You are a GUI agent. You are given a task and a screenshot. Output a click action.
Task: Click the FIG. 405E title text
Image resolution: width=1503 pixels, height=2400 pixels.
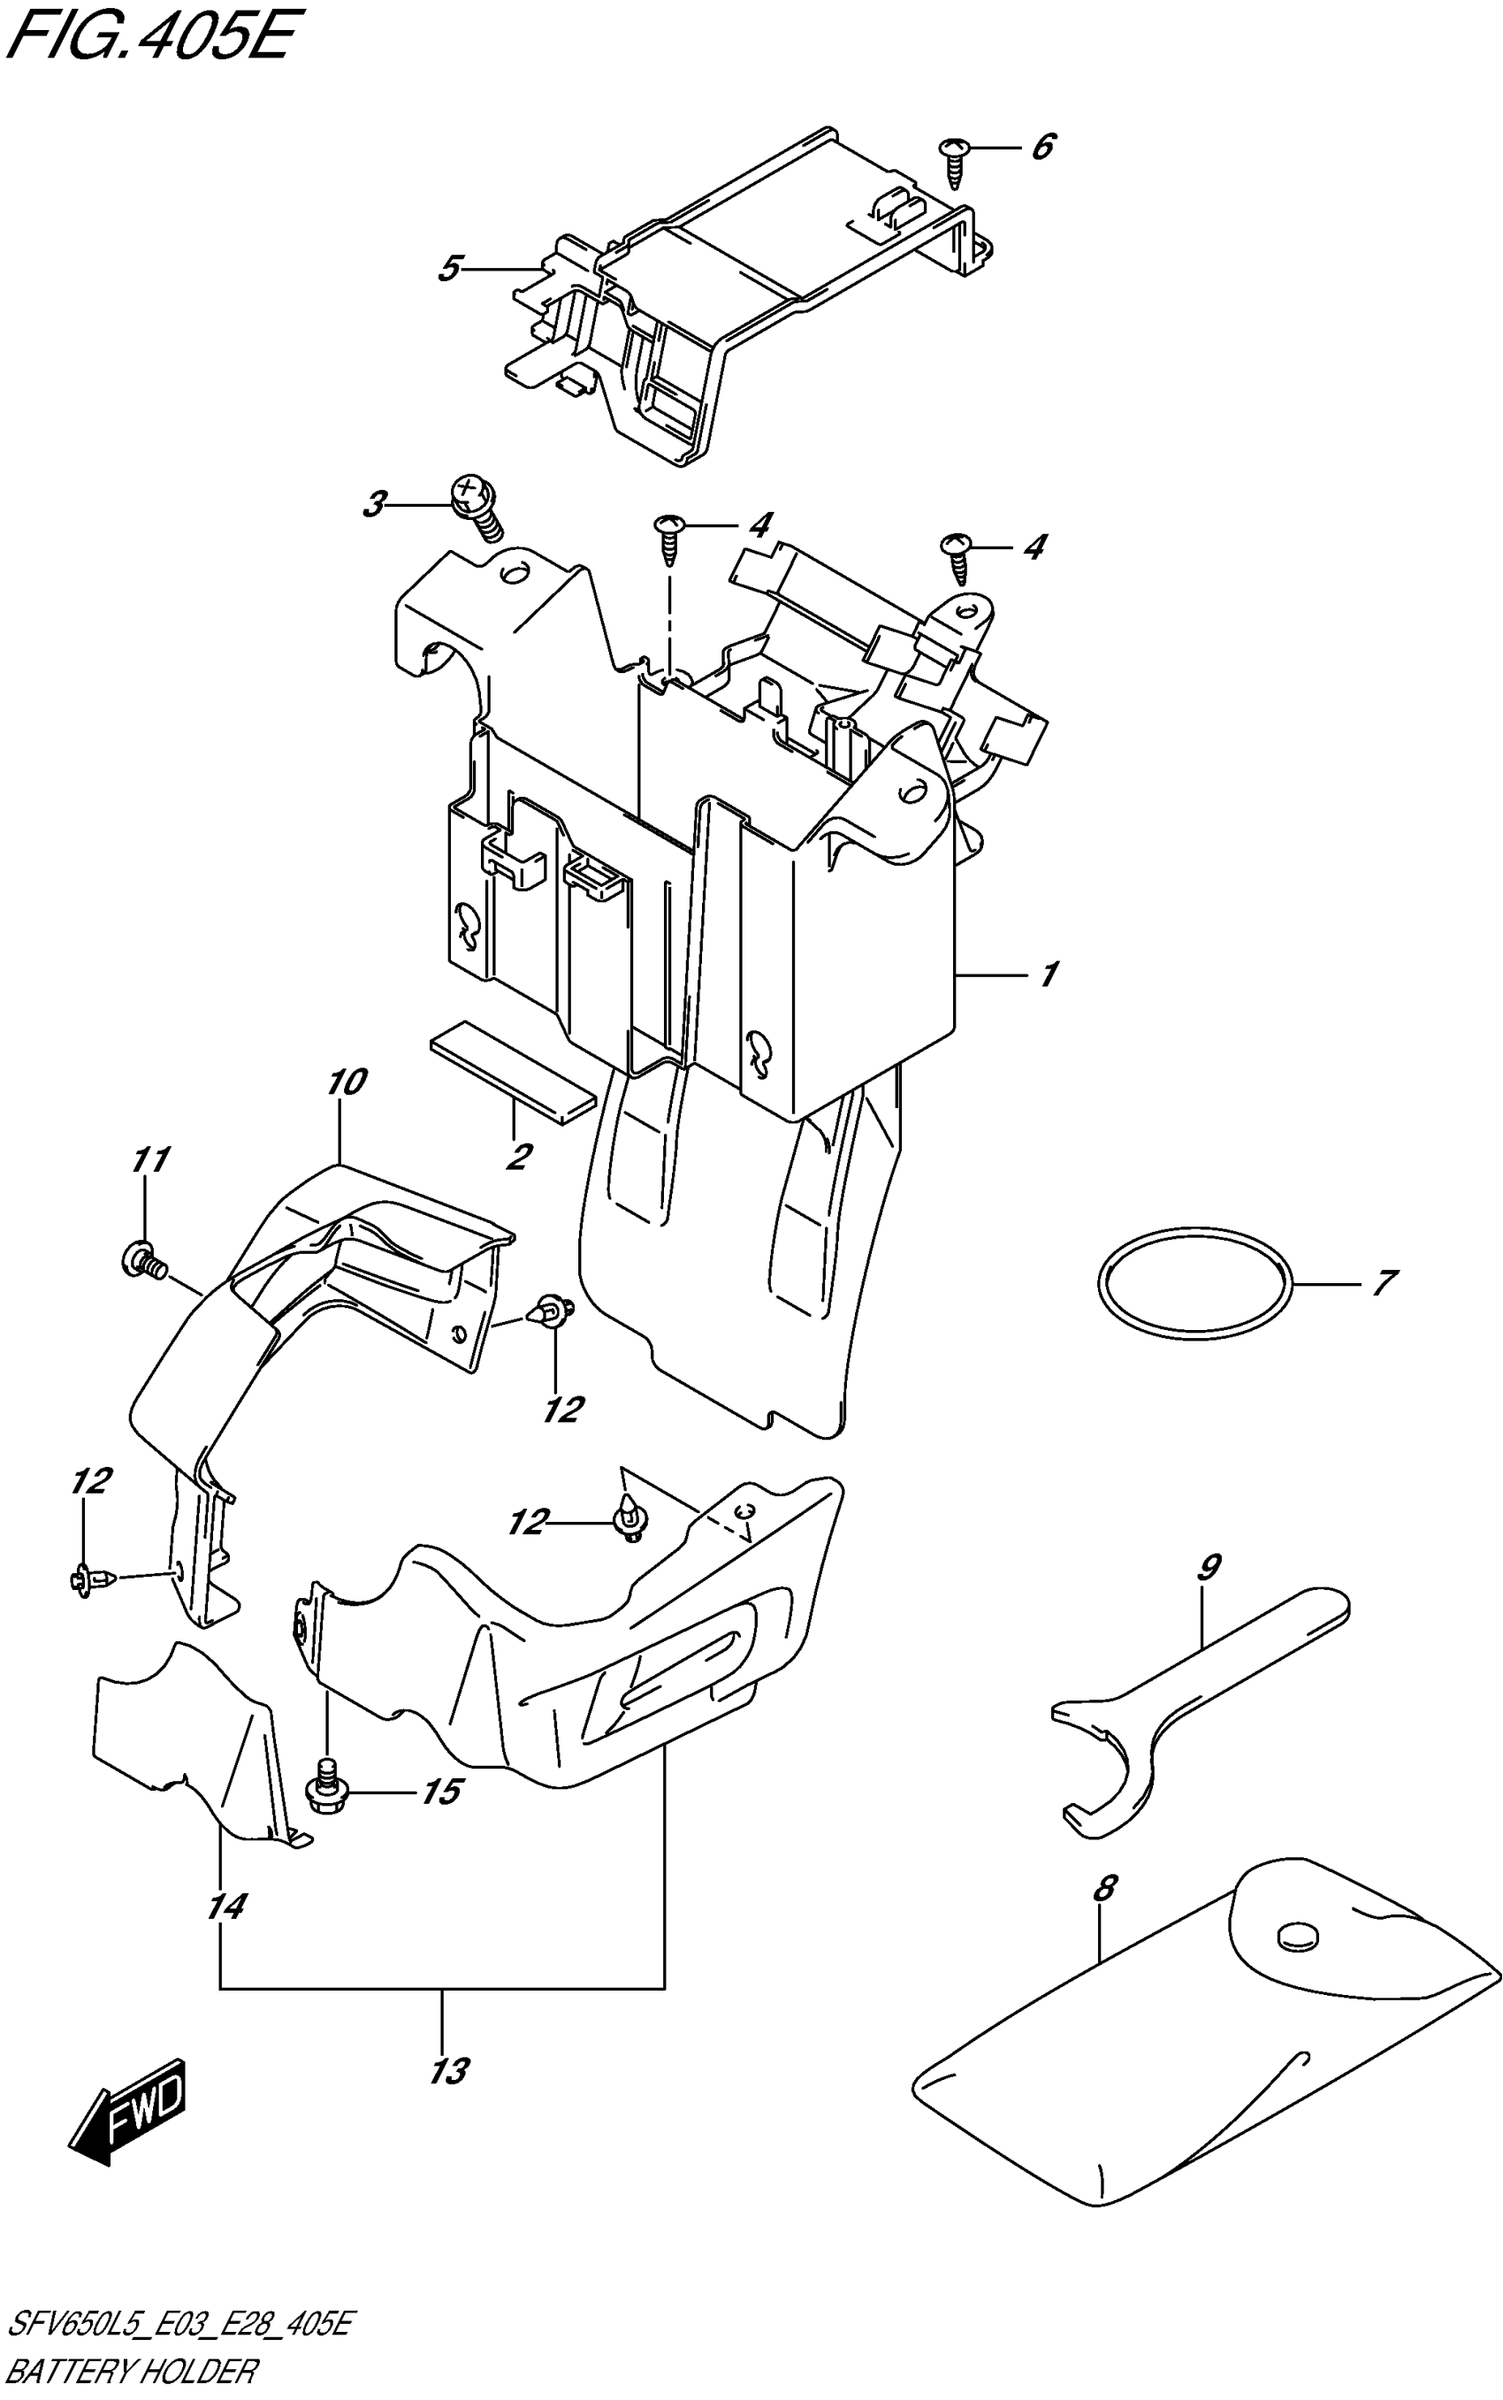click(x=149, y=40)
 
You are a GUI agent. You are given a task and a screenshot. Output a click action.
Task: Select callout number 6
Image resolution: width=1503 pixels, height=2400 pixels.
click(x=1041, y=147)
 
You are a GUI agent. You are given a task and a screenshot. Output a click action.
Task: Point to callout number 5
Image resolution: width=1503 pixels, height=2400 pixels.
click(x=450, y=269)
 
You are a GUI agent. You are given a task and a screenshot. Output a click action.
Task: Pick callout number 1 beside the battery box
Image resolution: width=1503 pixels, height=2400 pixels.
click(x=1048, y=975)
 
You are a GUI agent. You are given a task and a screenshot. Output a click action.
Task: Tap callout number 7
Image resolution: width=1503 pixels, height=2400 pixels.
click(x=1383, y=1282)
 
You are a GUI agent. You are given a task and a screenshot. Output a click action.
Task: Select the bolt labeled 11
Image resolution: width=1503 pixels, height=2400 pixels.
click(x=145, y=1262)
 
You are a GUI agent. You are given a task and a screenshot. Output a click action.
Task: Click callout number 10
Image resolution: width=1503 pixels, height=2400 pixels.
click(x=345, y=1082)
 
